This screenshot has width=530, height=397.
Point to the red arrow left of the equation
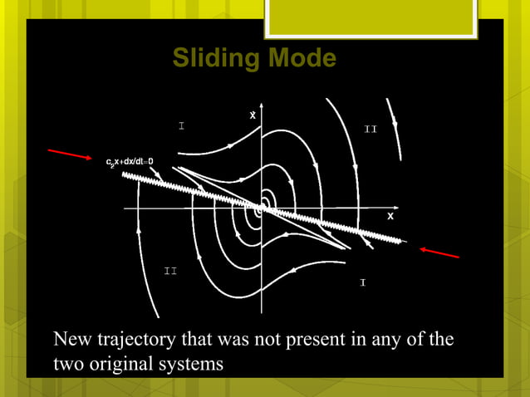pos(68,154)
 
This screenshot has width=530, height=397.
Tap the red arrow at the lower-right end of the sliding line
pos(440,252)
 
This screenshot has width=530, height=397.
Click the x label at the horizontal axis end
pos(390,216)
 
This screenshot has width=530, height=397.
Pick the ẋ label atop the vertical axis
pos(253,115)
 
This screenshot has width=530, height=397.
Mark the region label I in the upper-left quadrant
pos(180,126)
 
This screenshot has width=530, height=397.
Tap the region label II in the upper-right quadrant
pos(371,130)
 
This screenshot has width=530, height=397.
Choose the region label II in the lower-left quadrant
pos(169,272)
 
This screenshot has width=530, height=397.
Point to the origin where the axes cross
pos(261,208)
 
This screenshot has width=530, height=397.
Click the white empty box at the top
pos(371,18)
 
